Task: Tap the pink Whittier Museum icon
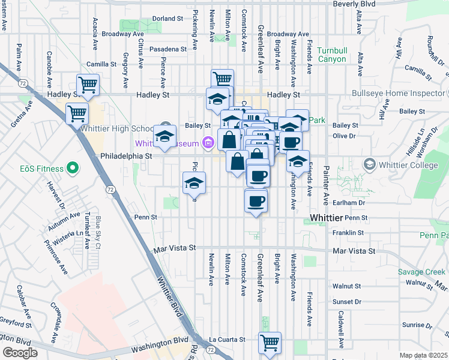pos(208,143)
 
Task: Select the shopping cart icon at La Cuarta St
pos(270,343)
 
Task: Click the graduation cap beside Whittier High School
pos(164,136)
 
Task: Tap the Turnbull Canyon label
pos(331,55)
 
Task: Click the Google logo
pos(20,352)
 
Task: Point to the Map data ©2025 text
pos(423,355)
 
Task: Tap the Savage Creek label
pos(421,272)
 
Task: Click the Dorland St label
pos(167,19)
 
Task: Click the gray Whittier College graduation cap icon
pos(369,164)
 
